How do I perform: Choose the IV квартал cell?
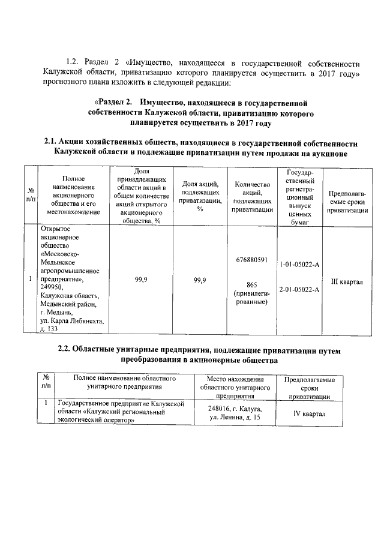click(309, 414)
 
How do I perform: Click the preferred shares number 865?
click(251, 284)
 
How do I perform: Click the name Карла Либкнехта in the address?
click(76, 320)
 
